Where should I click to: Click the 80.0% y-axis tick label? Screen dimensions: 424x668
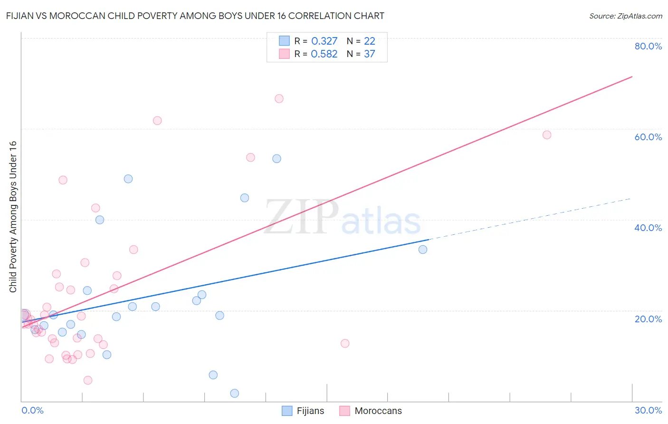648,46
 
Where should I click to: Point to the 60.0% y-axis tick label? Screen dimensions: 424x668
648,137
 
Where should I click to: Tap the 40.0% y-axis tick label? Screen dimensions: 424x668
648,228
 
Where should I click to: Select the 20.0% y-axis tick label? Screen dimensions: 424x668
648,319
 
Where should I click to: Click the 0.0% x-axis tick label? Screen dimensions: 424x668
32,410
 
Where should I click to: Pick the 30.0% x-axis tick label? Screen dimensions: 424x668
648,410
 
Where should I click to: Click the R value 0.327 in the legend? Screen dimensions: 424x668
324,41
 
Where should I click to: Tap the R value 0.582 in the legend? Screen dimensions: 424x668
324,54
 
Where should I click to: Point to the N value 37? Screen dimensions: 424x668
369,54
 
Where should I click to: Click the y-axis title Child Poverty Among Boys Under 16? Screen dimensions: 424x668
13,217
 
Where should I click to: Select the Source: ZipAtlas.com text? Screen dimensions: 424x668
625,16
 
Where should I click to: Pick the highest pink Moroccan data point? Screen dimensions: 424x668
279,99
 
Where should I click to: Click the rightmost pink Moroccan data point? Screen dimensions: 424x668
547,135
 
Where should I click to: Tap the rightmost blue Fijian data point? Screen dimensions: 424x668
423,250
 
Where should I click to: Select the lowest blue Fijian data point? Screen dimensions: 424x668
234,393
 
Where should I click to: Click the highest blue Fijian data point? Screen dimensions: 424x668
277,159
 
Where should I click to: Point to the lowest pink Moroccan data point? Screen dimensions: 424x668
88,380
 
